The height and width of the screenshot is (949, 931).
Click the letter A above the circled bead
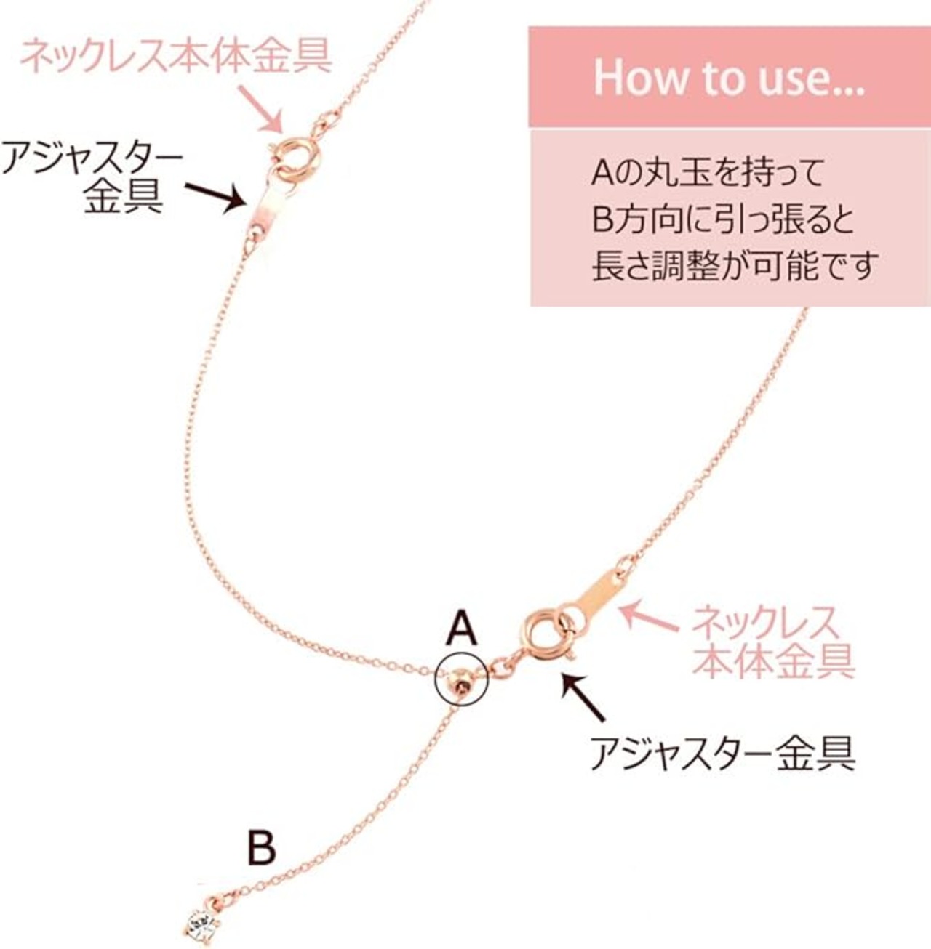tap(462, 629)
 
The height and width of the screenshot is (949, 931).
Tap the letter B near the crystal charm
tap(261, 847)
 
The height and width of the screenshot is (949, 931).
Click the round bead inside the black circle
tap(460, 680)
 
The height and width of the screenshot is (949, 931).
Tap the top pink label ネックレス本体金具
tap(175, 54)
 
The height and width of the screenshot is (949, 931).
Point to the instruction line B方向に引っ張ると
tap(723, 219)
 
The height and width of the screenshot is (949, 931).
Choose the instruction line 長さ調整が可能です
tap(735, 265)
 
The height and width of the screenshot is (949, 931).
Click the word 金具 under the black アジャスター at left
tap(121, 195)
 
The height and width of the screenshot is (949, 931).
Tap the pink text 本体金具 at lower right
tap(773, 661)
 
